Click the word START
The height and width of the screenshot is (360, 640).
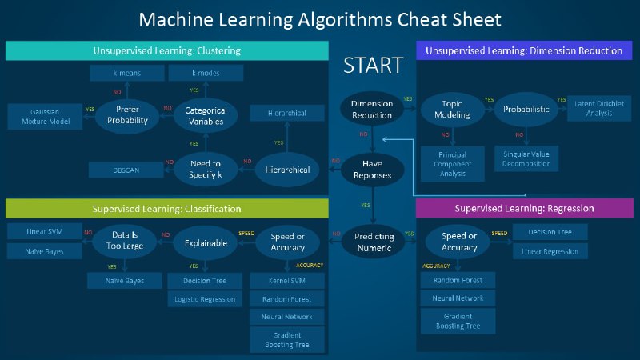[x=373, y=66]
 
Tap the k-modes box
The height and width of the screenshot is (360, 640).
[x=206, y=74]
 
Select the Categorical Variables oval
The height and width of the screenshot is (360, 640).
[x=206, y=115]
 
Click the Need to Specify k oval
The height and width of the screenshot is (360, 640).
[x=206, y=169]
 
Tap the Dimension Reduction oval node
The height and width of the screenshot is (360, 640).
[x=372, y=110]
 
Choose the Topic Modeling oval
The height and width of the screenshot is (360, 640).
[x=452, y=110]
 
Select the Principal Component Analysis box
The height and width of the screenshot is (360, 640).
[x=452, y=163]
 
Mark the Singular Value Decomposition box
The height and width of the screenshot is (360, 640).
[x=526, y=158]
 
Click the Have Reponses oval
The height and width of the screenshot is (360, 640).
[x=372, y=169]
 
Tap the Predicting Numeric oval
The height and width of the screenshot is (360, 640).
[x=374, y=242]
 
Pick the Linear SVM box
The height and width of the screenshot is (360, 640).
[x=45, y=232]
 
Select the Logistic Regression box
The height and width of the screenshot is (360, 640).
[x=205, y=299]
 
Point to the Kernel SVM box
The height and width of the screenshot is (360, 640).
[x=287, y=280]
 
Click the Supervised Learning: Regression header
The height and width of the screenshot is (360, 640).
[x=524, y=208]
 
